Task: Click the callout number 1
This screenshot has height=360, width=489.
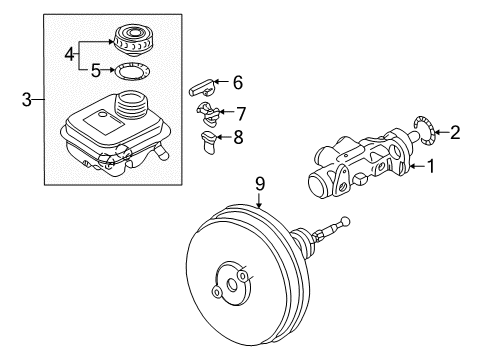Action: point(431,166)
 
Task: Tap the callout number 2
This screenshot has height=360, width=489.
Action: point(455,132)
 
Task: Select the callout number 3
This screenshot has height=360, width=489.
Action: point(27,99)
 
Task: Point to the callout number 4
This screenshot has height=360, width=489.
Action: point(69,54)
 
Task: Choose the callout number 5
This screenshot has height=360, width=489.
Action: point(96,70)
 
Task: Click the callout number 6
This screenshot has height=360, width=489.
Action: point(238,82)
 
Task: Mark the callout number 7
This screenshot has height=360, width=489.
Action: point(241,114)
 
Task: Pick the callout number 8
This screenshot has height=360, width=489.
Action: point(238,137)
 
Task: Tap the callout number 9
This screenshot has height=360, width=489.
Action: point(260,184)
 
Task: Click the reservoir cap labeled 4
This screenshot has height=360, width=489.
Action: point(133,38)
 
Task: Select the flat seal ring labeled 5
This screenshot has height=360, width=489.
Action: point(132,71)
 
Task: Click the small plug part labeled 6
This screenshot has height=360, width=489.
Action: point(201,87)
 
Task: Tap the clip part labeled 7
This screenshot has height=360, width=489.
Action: point(208,114)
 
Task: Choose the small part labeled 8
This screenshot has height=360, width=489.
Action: point(208,142)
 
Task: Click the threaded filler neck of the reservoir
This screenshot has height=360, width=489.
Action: point(130,104)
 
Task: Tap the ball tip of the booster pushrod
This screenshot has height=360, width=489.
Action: point(345,220)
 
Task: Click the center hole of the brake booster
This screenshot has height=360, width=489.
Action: point(232,285)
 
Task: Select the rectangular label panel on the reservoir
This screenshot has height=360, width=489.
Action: point(104,121)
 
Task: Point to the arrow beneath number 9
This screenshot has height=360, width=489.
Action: point(260,200)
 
